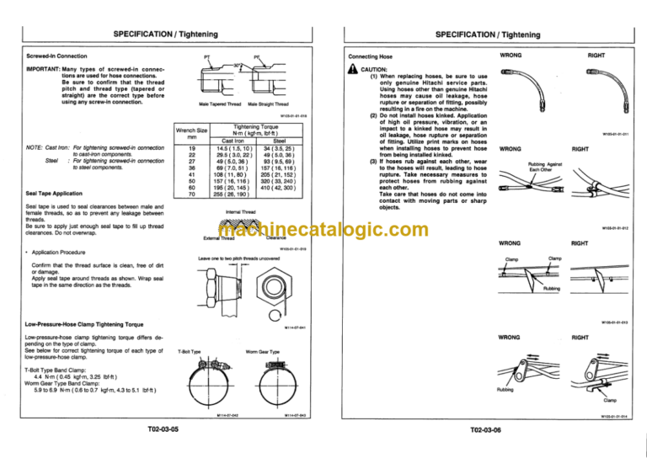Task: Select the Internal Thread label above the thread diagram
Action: click(242, 212)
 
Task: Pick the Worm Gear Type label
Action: click(261, 352)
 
